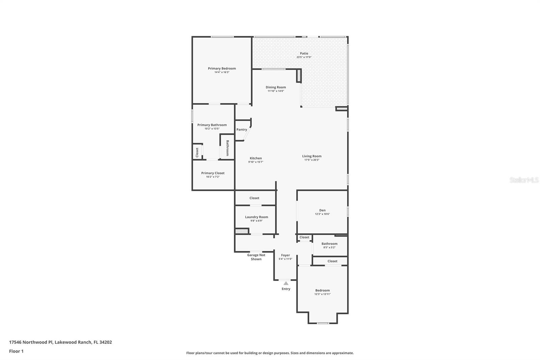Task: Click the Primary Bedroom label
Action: coord(222,69)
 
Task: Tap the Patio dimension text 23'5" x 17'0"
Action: coord(304,57)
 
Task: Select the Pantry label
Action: coord(242,130)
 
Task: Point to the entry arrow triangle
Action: coord(286,283)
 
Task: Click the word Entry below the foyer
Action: coord(286,289)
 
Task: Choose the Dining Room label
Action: coord(276,87)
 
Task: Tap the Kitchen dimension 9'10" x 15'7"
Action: coord(255,162)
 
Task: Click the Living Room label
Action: coord(312,156)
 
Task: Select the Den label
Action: coord(322,210)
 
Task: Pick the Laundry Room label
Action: coord(256,217)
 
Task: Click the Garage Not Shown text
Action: coord(256,257)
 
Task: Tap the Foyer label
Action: coord(286,255)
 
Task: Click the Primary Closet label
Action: coord(213,173)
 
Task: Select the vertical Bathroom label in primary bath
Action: coord(227,148)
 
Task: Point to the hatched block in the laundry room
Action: coord(241,231)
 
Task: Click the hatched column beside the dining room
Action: coord(299,76)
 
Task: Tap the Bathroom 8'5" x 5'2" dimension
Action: coord(329,248)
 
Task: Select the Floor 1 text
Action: coord(16,351)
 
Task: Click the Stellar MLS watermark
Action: coord(524,180)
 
